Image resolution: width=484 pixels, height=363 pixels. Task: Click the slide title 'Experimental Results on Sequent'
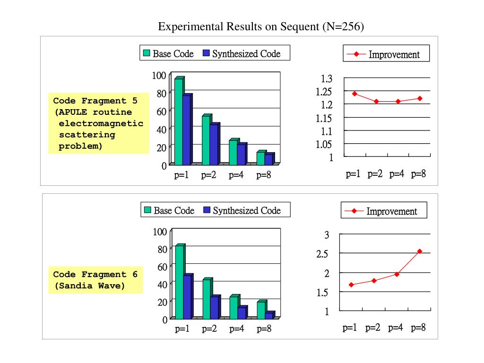[260, 26]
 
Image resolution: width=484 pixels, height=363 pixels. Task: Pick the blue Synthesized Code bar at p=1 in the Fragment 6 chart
[187, 297]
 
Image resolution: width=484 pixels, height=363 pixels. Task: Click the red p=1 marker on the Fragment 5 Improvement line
[354, 94]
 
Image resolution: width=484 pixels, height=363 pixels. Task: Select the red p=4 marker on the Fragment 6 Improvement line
[397, 274]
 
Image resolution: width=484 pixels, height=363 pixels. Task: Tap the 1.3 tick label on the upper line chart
[327, 78]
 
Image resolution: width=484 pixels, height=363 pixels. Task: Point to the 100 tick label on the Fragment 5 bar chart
[159, 75]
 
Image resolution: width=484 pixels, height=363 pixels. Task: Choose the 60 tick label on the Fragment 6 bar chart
[162, 267]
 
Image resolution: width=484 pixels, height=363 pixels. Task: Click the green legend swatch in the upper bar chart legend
[147, 53]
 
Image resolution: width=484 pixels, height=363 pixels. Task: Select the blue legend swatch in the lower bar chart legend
[207, 210]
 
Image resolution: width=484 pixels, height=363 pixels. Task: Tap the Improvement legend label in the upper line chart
[394, 54]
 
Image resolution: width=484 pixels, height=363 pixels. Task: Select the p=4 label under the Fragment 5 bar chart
[236, 175]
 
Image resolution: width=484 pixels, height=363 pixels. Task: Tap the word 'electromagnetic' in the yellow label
[101, 123]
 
